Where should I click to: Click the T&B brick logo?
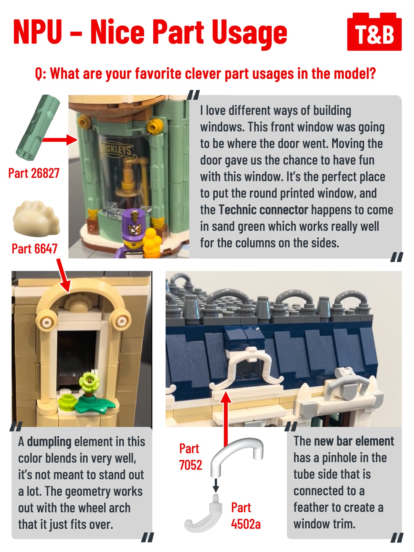[x=374, y=32]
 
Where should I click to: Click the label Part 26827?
[x=34, y=173]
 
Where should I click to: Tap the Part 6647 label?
[x=34, y=249]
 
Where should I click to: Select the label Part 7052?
[x=190, y=457]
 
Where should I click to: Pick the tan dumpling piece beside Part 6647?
[x=36, y=217]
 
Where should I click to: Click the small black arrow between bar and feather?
[x=216, y=485]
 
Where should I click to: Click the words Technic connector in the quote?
[x=263, y=210]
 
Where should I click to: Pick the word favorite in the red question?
[x=159, y=74]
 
